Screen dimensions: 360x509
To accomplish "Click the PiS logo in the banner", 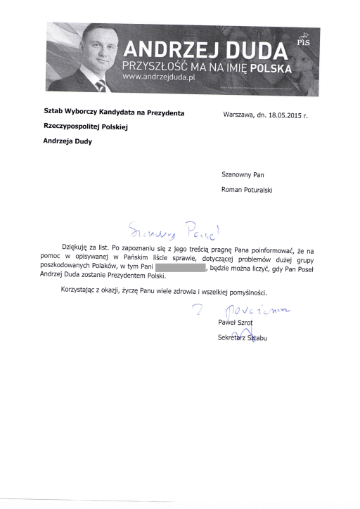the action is [304, 41].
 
